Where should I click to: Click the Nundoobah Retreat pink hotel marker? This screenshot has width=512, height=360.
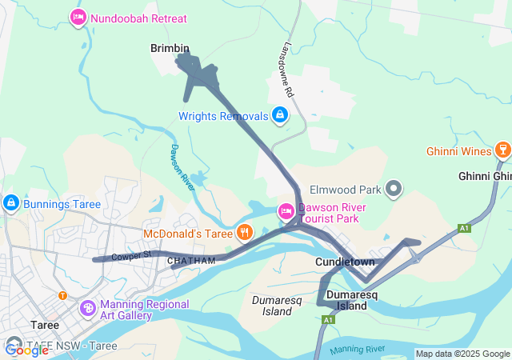[x=78, y=18]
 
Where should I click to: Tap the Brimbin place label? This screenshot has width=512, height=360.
[x=170, y=49]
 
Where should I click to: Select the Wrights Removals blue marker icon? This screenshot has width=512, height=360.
[x=279, y=116]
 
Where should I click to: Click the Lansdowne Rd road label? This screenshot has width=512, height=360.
[x=287, y=70]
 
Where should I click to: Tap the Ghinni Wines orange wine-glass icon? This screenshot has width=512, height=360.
[x=502, y=150]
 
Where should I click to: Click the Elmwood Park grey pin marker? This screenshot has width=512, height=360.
[x=393, y=190]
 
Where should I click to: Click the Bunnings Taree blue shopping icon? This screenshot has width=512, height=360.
[x=10, y=203]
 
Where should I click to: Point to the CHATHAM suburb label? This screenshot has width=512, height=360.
[x=191, y=261]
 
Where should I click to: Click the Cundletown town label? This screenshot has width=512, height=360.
[x=345, y=263]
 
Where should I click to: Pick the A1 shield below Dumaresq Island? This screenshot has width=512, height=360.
[x=327, y=320]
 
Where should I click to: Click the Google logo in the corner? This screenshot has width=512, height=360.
[x=26, y=350]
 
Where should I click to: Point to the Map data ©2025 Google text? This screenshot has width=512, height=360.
[x=462, y=354]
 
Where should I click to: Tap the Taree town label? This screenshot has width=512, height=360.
[x=45, y=325]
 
